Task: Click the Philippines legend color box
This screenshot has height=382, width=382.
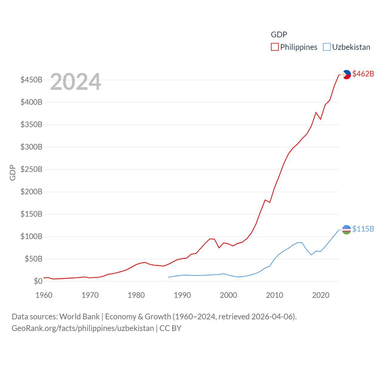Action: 275,47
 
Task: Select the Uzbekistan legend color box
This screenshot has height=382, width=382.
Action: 327,47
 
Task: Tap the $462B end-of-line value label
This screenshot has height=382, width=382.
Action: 363,74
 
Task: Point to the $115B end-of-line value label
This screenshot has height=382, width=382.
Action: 363,229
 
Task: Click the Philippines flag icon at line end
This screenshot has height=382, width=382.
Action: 346,74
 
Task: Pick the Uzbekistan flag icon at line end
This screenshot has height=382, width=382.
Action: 346,229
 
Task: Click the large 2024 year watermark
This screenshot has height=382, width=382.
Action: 76,82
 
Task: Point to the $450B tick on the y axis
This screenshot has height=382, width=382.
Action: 31,80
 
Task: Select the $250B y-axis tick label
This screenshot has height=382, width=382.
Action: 31,170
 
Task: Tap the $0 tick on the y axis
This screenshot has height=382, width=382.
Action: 38,281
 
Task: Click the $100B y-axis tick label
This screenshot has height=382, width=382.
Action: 31,237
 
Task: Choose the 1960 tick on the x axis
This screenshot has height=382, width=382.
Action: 44,295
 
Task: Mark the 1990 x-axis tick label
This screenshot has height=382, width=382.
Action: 182,295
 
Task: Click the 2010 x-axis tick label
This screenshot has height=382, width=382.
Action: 275,295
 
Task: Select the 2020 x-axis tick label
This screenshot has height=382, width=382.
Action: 321,295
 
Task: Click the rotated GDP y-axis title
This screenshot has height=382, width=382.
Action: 13,172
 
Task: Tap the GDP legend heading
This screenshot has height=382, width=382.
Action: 279,35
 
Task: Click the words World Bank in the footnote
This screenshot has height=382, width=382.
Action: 79,317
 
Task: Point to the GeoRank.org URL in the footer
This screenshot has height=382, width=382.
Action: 83,328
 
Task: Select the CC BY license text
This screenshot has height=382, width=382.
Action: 170,328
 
